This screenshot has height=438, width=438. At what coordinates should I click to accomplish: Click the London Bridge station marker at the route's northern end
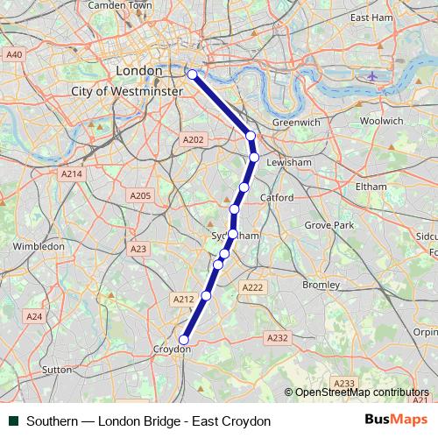coord(192,74)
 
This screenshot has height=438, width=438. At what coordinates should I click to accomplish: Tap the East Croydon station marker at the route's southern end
coord(184,340)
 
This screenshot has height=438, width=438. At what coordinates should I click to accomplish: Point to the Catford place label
coord(277,198)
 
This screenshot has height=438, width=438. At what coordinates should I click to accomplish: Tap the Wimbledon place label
coord(39,246)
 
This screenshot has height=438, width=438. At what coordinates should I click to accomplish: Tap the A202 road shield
coord(193,139)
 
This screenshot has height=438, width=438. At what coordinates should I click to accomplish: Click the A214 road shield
coord(71,174)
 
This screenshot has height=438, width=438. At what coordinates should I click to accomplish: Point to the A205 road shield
coord(139,195)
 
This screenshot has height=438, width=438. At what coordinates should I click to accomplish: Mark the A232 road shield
coord(277,337)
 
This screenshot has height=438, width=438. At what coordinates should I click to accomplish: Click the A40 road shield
coord(13,54)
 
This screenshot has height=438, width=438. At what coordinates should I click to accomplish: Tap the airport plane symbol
coord(373,76)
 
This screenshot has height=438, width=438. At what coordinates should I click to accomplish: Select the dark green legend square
coord(13,421)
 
